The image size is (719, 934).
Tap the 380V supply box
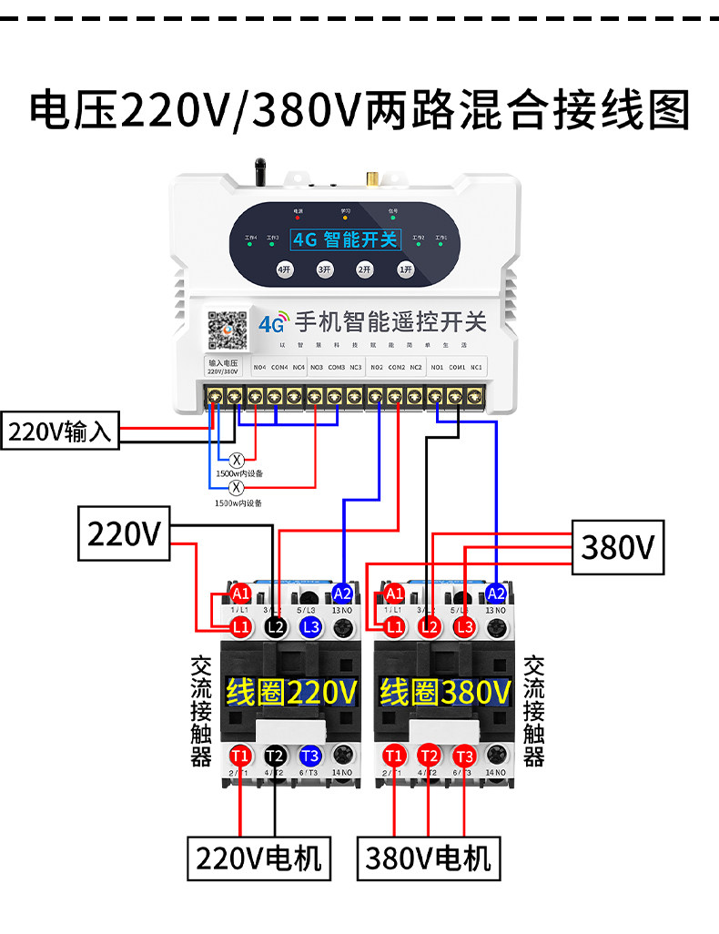pyautogui.click(x=618, y=547)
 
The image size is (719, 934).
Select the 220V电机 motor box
pyautogui.click(x=259, y=858)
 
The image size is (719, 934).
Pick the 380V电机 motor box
pyautogui.click(x=428, y=858)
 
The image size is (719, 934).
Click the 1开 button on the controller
pyautogui.click(x=406, y=269)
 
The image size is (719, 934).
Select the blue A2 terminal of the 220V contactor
pyautogui.click(x=342, y=593)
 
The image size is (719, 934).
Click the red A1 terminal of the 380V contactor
pyautogui.click(x=393, y=594)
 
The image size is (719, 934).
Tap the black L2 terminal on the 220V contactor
pyautogui.click(x=276, y=626)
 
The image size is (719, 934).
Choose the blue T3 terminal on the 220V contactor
pyautogui.click(x=309, y=756)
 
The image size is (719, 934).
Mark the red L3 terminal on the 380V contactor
pyautogui.click(x=464, y=626)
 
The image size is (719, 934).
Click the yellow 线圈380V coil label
pyautogui.click(x=445, y=694)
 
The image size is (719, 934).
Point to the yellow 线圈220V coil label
pyautogui.click(x=291, y=694)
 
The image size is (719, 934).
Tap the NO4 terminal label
pyautogui.click(x=258, y=368)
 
